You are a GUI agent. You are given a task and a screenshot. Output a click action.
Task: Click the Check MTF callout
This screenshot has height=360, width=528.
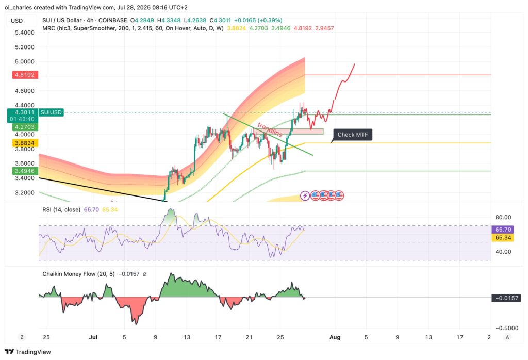pos(353,135)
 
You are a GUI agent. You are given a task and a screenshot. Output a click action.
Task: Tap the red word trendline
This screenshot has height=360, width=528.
pos(269,129)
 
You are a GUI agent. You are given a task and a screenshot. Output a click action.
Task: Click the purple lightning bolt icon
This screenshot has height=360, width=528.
pos(305,195)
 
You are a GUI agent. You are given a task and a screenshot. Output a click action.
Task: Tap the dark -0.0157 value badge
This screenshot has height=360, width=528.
pos(506,298)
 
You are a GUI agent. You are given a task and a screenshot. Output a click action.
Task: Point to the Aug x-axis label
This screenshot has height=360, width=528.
pos(335,337)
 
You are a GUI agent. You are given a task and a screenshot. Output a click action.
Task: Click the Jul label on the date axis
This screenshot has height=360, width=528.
pos(93,337)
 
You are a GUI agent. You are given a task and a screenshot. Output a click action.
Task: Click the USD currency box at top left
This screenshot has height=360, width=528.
pos(17,21)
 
